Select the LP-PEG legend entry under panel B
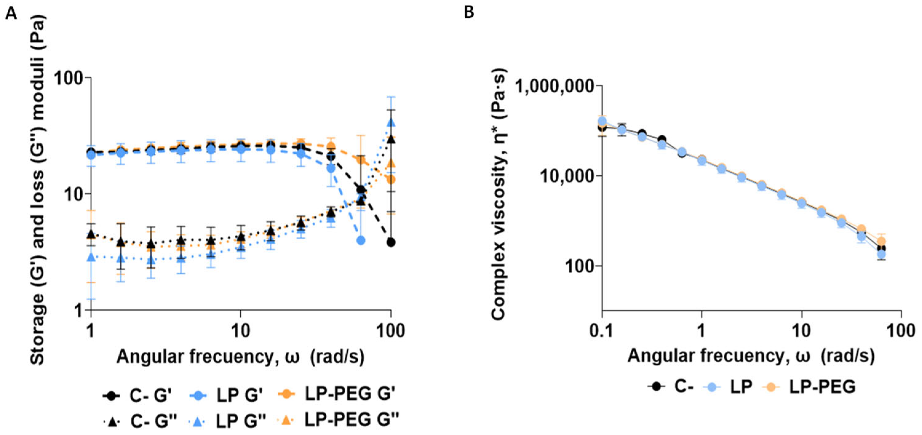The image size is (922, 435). click(x=809, y=386)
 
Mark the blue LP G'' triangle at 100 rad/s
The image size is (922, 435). click(x=391, y=122)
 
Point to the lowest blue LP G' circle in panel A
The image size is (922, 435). click(x=361, y=240)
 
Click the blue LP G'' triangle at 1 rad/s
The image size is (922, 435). click(x=92, y=257)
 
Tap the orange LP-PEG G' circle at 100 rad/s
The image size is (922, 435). click(x=391, y=179)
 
